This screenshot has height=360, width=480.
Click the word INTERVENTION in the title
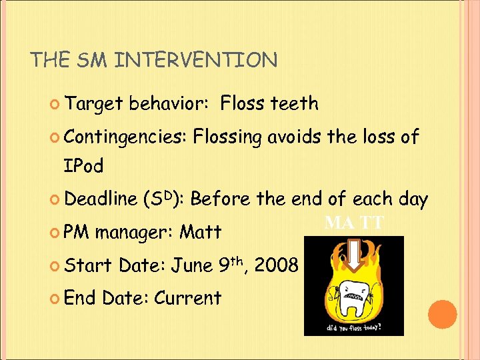(x=196, y=61)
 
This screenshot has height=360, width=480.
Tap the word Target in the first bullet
(x=95, y=104)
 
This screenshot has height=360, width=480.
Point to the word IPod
(x=83, y=167)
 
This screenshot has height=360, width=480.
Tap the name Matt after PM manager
(x=201, y=233)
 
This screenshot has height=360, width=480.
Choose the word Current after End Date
(x=187, y=297)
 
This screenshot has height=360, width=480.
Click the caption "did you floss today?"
(x=353, y=327)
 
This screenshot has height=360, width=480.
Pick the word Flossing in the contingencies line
(x=227, y=138)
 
